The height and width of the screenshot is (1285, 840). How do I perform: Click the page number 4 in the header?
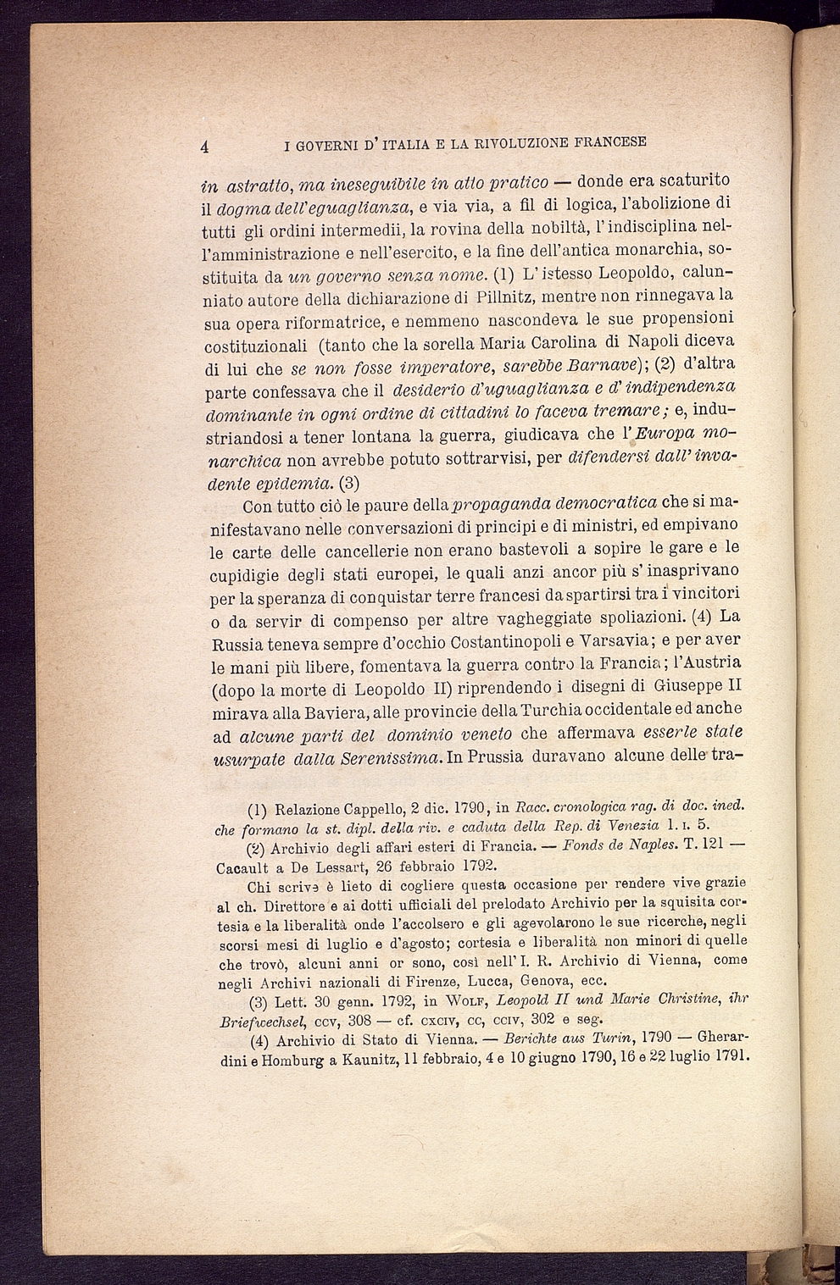[205, 145]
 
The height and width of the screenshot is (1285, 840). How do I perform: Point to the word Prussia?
[487, 756]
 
